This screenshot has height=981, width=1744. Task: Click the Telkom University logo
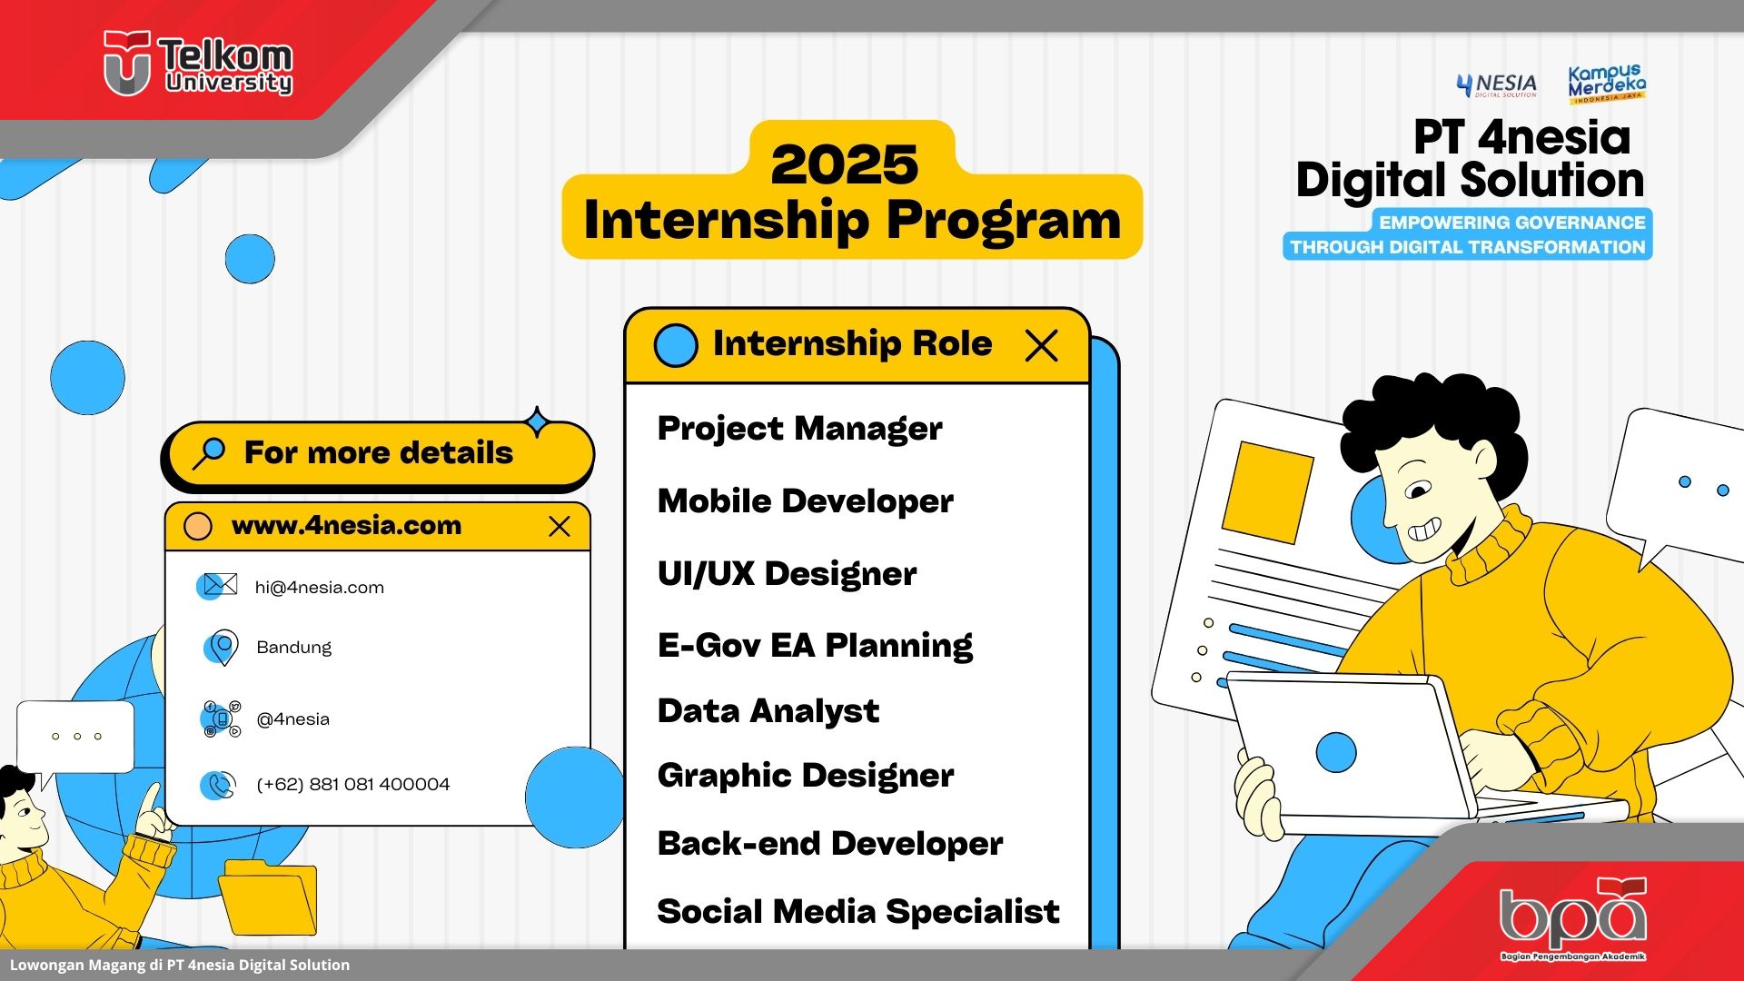point(198,64)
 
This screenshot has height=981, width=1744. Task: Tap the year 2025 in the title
point(845,164)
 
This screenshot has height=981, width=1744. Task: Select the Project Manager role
point(799,428)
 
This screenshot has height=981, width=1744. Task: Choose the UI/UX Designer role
point(787,573)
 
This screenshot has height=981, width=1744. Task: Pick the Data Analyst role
point(768,710)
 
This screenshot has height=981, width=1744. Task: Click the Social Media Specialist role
point(858,911)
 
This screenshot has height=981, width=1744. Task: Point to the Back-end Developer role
point(830,843)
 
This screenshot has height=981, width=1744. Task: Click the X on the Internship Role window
point(1041,345)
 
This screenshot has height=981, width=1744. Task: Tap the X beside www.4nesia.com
point(560,527)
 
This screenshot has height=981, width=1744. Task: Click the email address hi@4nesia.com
point(320,588)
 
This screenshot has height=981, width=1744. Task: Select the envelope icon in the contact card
point(218,585)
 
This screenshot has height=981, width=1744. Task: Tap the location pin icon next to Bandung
point(221,648)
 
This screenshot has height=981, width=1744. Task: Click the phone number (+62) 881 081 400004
point(353,784)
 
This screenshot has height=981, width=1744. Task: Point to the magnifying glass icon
point(209,452)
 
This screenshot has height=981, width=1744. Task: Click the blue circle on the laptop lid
point(1336,752)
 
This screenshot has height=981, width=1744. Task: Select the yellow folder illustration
point(269,897)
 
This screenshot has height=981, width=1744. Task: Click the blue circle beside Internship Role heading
point(676,345)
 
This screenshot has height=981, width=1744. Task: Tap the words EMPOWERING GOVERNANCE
point(1512,223)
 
